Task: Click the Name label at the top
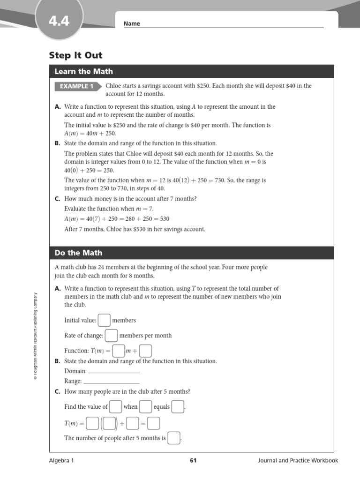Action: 132,24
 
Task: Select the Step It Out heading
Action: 75,55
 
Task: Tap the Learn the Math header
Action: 83,71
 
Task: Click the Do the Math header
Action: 78,253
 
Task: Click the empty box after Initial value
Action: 104,320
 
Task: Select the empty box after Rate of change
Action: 111,335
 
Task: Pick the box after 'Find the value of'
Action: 115,406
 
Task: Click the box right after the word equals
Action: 178,406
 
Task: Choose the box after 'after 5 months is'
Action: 174,438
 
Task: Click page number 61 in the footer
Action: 193,460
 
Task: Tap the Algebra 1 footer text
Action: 61,460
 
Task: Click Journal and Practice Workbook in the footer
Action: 298,460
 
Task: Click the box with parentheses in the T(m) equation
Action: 109,423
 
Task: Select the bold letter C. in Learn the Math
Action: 58,199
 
